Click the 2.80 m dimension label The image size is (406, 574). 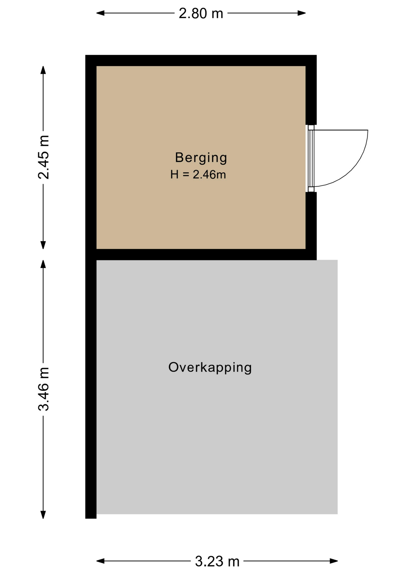coord(201,13)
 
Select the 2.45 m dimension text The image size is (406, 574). coord(44,157)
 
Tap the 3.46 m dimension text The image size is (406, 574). coord(44,389)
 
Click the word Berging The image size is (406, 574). coord(201,158)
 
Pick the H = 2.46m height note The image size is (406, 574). coord(198,174)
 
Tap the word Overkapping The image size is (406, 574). coord(210,368)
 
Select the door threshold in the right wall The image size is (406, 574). coord(311,158)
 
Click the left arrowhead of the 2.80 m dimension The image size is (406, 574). coord(100,13)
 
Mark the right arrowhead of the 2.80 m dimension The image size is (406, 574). coord(301,13)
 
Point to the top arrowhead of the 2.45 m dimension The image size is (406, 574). coord(43,70)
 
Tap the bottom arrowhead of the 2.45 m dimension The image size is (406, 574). coord(43,245)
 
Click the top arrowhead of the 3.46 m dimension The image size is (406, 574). coord(43,264)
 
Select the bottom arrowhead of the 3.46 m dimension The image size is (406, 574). coord(43,515)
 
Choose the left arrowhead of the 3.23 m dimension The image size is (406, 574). coord(100,561)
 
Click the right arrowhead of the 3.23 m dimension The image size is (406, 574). coord(334,561)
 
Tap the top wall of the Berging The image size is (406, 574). coord(201,60)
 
